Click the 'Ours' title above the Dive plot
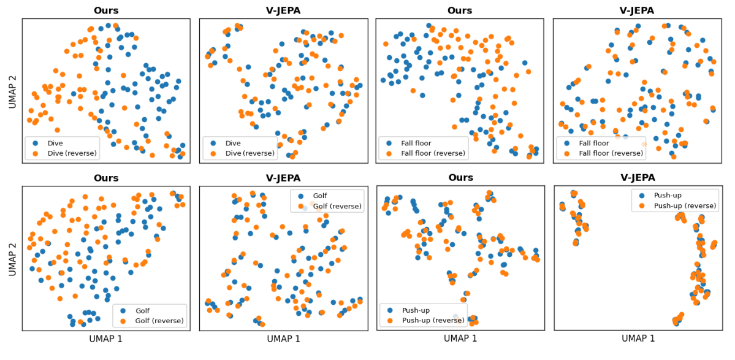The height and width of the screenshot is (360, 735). [x=105, y=10]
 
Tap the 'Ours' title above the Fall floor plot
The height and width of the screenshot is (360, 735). [x=460, y=10]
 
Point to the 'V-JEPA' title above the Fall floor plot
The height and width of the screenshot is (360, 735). [x=638, y=10]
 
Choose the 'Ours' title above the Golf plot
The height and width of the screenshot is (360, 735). [x=105, y=178]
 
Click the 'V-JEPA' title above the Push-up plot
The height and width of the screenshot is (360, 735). [x=638, y=178]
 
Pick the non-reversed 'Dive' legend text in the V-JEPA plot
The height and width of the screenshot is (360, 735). [x=233, y=143]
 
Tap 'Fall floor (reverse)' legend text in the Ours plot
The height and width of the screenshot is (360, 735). [x=433, y=153]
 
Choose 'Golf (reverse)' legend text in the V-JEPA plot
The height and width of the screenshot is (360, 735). [x=336, y=205]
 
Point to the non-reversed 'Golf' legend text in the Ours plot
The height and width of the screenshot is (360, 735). [x=142, y=310]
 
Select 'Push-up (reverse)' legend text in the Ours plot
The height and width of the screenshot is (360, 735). [x=433, y=321]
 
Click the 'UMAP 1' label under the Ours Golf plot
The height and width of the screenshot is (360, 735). [x=105, y=339]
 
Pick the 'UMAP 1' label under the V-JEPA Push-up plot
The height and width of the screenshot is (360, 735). [x=638, y=339]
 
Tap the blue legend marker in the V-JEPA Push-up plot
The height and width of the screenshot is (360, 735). [x=641, y=195]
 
